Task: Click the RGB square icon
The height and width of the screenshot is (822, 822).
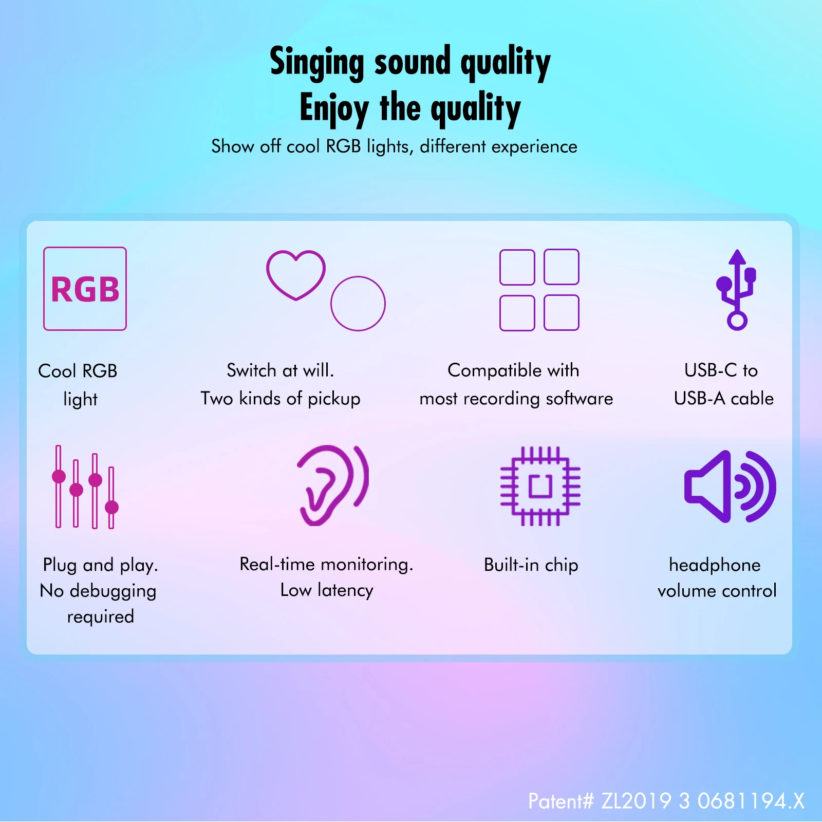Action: [x=85, y=289]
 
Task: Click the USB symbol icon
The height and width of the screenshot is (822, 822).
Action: [x=737, y=289]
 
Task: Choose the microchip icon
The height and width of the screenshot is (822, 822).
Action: [x=540, y=486]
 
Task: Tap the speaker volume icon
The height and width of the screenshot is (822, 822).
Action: [x=730, y=487]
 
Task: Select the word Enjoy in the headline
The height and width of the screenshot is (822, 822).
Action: [x=334, y=109]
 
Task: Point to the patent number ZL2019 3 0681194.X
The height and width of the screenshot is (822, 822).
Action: [x=703, y=801]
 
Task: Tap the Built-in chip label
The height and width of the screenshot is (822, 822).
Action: [x=531, y=565]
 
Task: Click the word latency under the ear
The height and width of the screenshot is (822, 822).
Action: [x=345, y=591]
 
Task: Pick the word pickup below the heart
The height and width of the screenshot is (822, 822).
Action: [x=334, y=399]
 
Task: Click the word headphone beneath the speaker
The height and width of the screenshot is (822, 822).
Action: [x=715, y=565]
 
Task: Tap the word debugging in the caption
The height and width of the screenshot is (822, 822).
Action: [x=113, y=591]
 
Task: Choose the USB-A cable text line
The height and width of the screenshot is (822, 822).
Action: [x=724, y=399]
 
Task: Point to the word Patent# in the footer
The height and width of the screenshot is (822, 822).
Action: [x=561, y=801]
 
